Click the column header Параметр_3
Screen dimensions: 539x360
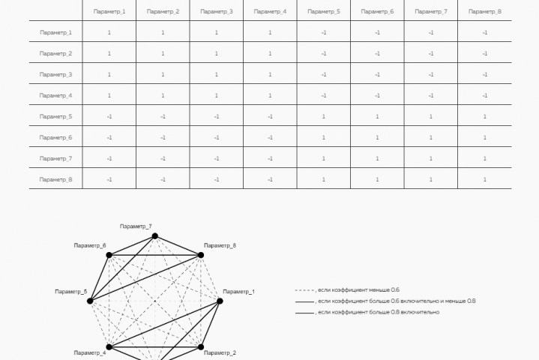[x=217, y=11]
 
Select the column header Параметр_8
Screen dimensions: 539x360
[x=485, y=11]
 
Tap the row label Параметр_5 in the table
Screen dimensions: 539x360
[x=55, y=116]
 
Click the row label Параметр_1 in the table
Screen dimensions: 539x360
[x=55, y=33]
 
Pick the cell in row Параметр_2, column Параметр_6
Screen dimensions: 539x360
[x=377, y=54]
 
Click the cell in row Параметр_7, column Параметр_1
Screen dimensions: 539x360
[x=109, y=158]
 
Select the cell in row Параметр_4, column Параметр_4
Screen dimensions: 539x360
[x=270, y=95]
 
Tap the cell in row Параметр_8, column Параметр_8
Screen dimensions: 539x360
[x=485, y=179]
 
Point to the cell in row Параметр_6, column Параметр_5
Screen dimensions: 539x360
[x=324, y=137]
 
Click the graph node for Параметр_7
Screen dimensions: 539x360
[x=155, y=235]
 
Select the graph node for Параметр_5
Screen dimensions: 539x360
[x=90, y=301]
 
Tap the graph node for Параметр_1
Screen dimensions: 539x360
[x=220, y=301]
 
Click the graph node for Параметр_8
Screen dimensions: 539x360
[x=201, y=255]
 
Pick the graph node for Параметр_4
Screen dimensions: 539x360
[x=109, y=347]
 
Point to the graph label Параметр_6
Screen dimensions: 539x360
[x=90, y=245]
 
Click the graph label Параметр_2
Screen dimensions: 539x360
[x=220, y=352]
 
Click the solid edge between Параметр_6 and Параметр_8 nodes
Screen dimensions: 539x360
[x=155, y=255]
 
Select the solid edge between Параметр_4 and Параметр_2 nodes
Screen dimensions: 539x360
[x=155, y=347]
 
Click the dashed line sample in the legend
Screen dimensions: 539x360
[x=304, y=290]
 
